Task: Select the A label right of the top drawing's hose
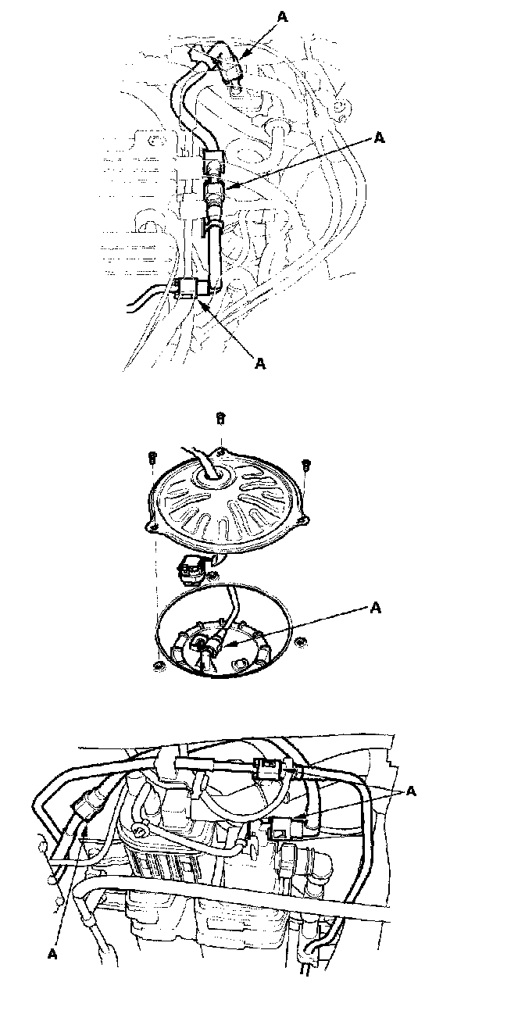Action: coord(379,137)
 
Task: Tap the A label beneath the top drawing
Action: coord(261,362)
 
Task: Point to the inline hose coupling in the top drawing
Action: coord(214,190)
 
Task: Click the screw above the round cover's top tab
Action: coord(221,420)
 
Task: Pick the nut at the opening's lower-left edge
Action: coord(159,665)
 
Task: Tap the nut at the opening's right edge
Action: coord(302,642)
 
